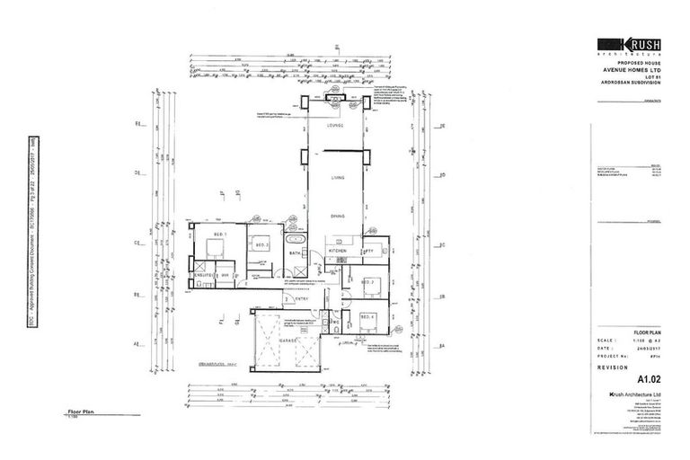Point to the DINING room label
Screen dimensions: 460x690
pos(337,216)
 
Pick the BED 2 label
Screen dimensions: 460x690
pos(262,244)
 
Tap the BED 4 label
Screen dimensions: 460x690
pos(367,316)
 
